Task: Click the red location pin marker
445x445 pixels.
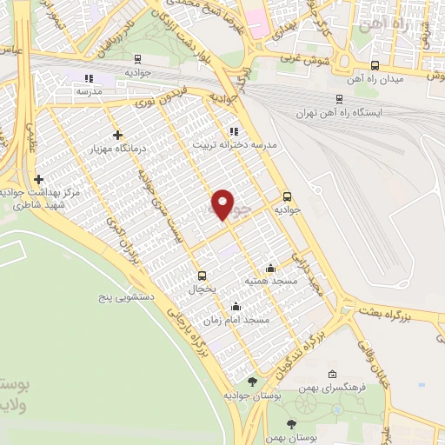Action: (223, 203)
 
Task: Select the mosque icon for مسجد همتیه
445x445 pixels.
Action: (271, 268)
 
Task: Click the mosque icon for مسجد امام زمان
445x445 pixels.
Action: (236, 306)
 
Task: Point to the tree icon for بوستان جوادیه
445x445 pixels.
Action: (252, 382)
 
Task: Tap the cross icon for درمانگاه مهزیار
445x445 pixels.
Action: (117, 135)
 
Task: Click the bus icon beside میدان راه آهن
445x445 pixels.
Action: (375, 65)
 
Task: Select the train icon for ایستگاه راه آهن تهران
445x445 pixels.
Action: (339, 99)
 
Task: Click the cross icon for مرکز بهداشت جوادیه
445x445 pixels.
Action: (38, 179)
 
